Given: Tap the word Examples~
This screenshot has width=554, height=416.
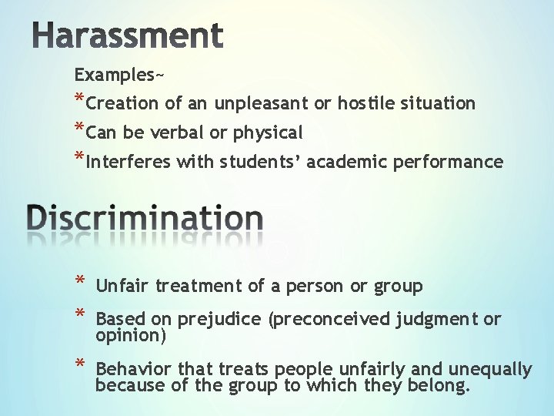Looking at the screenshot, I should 118,75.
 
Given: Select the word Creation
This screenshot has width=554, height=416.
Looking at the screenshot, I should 124,103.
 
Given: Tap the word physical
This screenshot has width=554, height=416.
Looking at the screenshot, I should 267,133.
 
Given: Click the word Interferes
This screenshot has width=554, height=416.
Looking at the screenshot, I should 129,163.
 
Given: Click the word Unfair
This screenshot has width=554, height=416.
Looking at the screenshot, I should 122,287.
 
